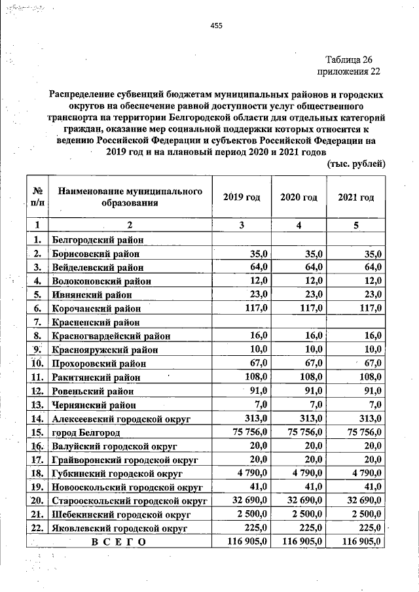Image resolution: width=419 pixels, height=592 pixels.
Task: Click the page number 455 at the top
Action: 216,26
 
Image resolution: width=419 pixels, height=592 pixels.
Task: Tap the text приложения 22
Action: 348,71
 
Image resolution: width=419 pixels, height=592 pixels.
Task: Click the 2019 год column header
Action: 242,198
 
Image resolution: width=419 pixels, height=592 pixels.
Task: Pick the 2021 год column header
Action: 355,198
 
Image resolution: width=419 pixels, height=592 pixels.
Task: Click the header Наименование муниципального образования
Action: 128,197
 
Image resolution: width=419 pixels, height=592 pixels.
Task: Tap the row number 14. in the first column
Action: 37,418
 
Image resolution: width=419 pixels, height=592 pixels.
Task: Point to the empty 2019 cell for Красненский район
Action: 242,322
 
